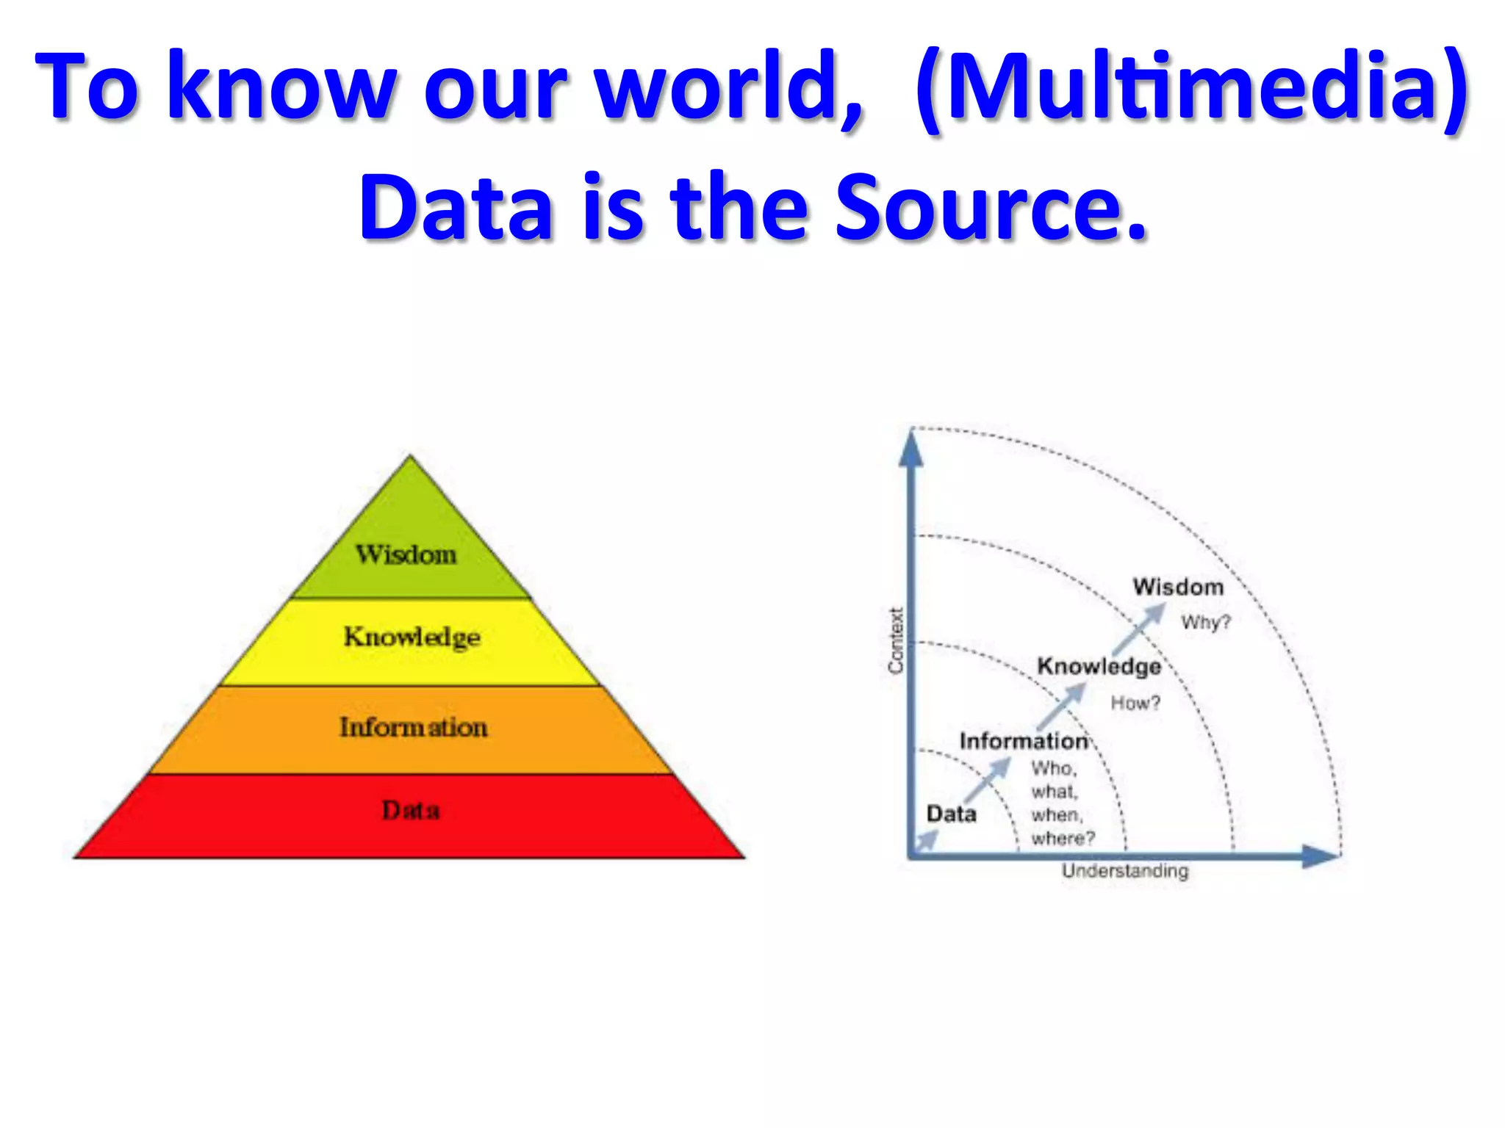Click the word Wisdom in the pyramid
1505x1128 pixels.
[406, 554]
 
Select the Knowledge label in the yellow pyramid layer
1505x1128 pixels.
[412, 637]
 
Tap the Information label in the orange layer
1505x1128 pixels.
[413, 727]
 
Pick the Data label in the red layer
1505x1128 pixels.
[411, 810]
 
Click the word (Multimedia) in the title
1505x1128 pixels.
[1191, 87]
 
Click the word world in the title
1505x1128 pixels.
[728, 87]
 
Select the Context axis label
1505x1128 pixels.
[895, 640]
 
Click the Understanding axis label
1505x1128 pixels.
[1124, 871]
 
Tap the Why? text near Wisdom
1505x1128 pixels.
[1205, 623]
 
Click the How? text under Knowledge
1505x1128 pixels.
[1135, 703]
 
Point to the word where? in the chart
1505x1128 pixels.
[1063, 838]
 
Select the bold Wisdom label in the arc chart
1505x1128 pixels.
[1178, 587]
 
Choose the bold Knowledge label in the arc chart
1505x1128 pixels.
[1099, 666]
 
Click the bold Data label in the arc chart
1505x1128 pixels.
[951, 814]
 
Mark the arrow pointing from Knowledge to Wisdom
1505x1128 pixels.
[1140, 629]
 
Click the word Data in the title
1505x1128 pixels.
[455, 208]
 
